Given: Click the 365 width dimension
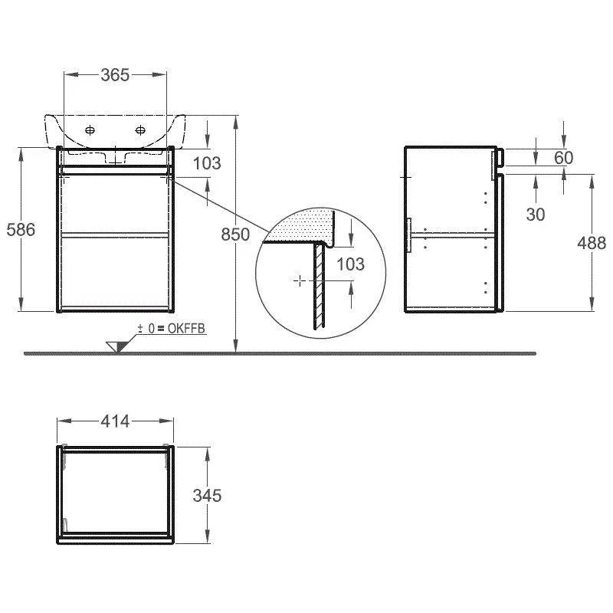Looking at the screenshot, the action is (115, 75).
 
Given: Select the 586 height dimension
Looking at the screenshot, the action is (21, 229).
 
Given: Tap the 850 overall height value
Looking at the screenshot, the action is (235, 234).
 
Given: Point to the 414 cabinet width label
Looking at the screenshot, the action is (115, 421).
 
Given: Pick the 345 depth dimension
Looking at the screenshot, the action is (207, 496).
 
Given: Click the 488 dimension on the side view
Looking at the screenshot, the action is (592, 243).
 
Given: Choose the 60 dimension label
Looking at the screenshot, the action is (564, 158).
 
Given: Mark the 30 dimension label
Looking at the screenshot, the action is (536, 215).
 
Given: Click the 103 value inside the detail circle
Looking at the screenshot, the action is (350, 264).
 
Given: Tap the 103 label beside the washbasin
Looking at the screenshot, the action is (207, 163).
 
